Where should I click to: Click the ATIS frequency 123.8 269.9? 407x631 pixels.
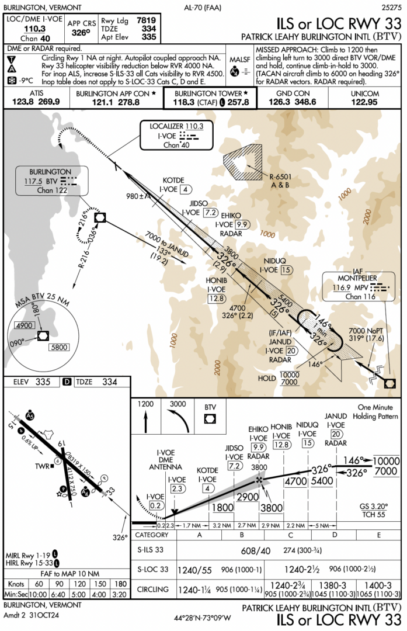coord(36,102)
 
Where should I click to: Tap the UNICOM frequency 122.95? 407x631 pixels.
coord(364,102)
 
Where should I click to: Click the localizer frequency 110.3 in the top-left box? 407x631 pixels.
coord(34,28)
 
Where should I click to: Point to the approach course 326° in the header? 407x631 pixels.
coord(81,33)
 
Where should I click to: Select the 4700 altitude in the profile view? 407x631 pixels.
coord(295,482)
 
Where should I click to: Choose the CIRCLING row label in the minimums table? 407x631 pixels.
coord(154,589)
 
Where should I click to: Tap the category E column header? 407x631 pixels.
coord(378,535)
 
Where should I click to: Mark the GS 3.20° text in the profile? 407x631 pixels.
coord(373,507)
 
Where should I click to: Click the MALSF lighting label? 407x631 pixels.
coord(239,60)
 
